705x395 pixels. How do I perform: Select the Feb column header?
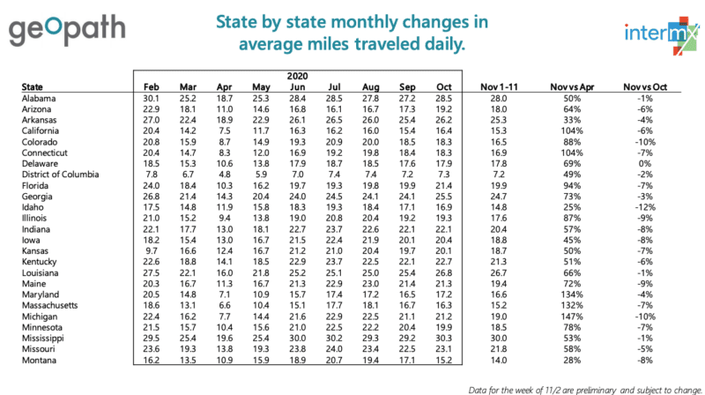[151, 87]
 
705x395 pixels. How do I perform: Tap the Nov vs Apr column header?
[570, 87]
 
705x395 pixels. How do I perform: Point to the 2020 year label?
[296, 77]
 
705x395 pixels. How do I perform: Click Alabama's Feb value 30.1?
[151, 99]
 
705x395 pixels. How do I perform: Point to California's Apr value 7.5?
[224, 128]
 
